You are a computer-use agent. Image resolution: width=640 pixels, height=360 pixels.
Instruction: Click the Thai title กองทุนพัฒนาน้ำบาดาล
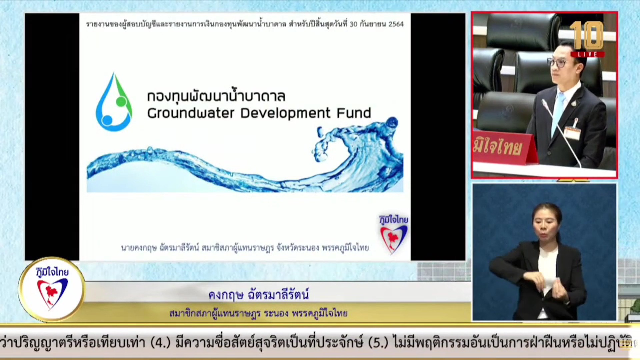click(216, 96)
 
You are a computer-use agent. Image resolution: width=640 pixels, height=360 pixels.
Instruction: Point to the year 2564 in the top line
click(396, 24)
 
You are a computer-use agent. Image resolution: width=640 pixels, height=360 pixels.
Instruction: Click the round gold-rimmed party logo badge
click(52, 289)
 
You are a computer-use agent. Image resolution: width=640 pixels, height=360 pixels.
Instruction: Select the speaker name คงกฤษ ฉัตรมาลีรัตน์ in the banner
click(259, 295)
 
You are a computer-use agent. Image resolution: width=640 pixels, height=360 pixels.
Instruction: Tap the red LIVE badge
click(587, 54)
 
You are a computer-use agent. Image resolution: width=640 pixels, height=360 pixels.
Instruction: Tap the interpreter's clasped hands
click(550, 287)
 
